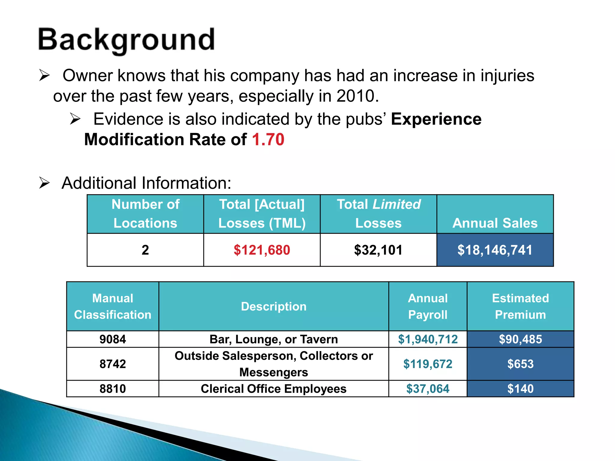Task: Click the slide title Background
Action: pyautogui.click(x=126, y=40)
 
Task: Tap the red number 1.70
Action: pyautogui.click(x=268, y=140)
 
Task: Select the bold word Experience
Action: pyautogui.click(x=436, y=119)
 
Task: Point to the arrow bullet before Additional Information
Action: pyautogui.click(x=44, y=183)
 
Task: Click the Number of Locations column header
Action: pyautogui.click(x=145, y=214)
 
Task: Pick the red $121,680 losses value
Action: pyautogui.click(x=262, y=250)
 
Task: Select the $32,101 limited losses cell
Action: pyautogui.click(x=378, y=250)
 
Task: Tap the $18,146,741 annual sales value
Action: pyautogui.click(x=495, y=250)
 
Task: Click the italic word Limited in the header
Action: pyautogui.click(x=396, y=204)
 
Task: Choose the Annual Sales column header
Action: pyautogui.click(x=495, y=223)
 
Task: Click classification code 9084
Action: pyautogui.click(x=113, y=339)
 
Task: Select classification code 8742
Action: pyautogui.click(x=113, y=364)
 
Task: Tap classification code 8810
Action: pyautogui.click(x=113, y=389)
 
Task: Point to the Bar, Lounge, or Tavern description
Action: pyautogui.click(x=274, y=339)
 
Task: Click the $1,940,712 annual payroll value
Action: pyautogui.click(x=428, y=339)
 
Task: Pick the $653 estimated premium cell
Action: pyautogui.click(x=520, y=364)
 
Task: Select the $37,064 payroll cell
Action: pyautogui.click(x=428, y=389)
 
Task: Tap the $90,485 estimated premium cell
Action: pyautogui.click(x=520, y=339)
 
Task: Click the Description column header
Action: pyautogui.click(x=274, y=306)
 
